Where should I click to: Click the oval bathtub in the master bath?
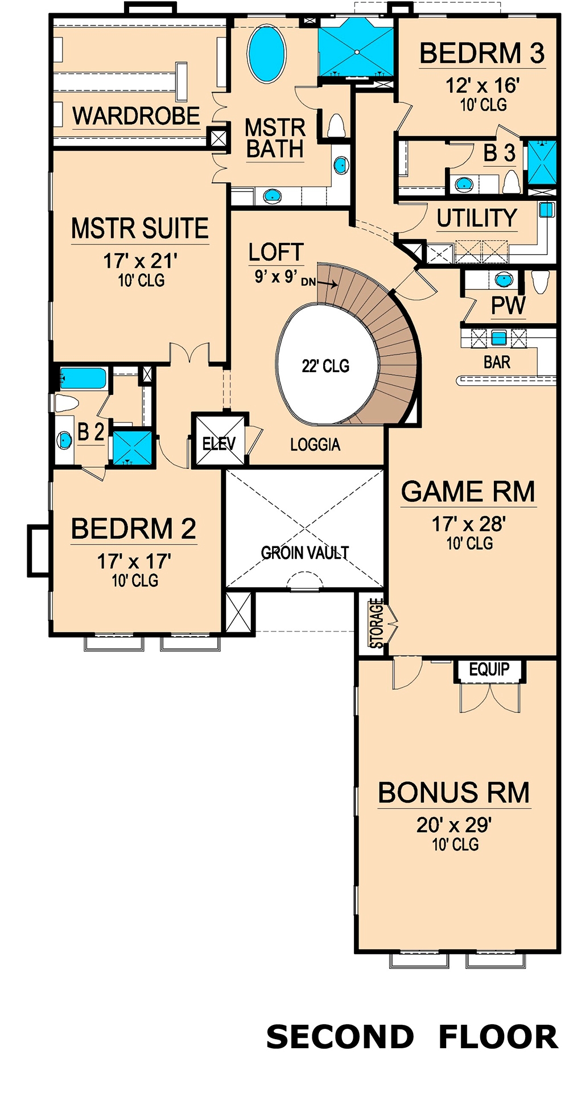click(267, 53)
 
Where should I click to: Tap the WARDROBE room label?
click(136, 116)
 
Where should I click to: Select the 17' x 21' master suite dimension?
click(140, 261)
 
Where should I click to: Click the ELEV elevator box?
click(220, 443)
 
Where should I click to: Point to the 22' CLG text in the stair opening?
click(325, 366)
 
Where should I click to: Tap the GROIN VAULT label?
click(305, 552)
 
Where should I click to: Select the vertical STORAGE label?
click(376, 623)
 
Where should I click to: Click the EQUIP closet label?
click(489, 670)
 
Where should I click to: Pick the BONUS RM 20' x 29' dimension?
click(454, 825)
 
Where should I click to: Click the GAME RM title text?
click(468, 492)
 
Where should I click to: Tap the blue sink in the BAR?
click(499, 338)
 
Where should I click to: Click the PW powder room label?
click(508, 306)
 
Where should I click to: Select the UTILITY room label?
click(477, 218)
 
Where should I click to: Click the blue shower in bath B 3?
click(542, 162)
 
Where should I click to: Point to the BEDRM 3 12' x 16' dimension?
click(483, 85)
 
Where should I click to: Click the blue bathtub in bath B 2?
click(83, 378)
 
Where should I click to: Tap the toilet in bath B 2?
click(67, 403)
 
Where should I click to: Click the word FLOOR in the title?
click(498, 1037)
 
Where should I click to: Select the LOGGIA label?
click(315, 444)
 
